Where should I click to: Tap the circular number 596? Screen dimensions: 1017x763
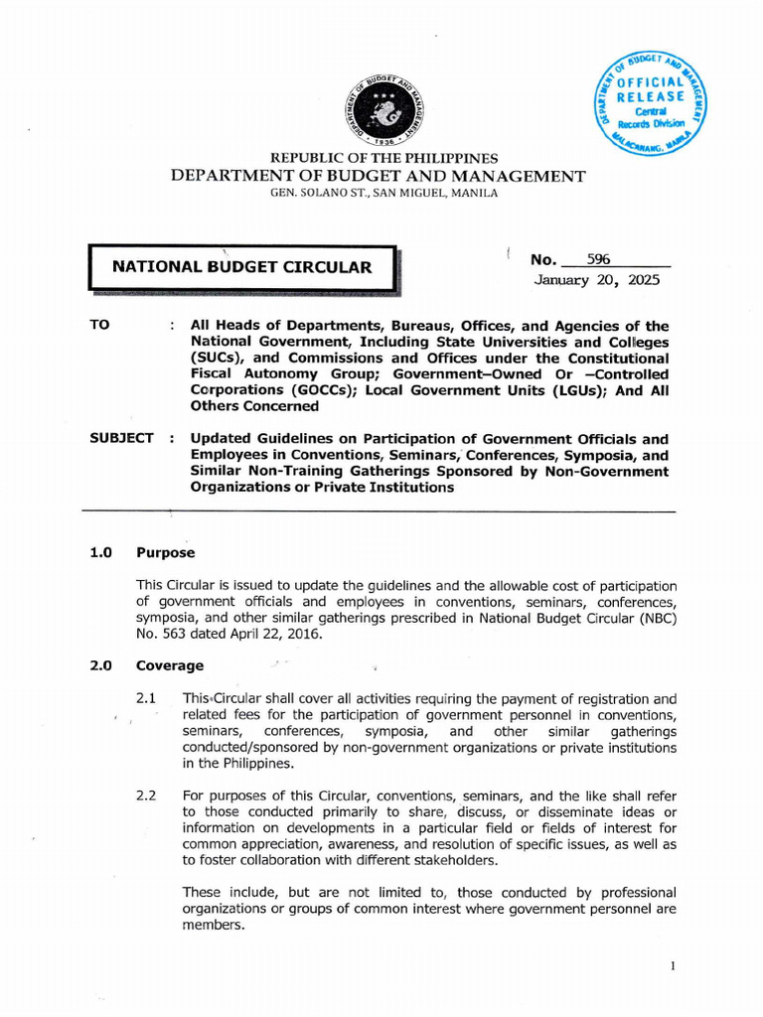[x=598, y=259]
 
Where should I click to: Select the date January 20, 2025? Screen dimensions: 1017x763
[x=595, y=280]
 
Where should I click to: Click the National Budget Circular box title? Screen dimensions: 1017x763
[x=241, y=266]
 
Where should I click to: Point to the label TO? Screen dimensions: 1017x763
[x=100, y=326]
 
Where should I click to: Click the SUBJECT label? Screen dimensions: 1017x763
[x=121, y=438]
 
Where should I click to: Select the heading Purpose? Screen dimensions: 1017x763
[x=165, y=552]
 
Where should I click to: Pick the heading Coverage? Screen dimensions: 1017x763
[x=170, y=665]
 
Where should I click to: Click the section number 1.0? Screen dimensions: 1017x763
[x=102, y=552]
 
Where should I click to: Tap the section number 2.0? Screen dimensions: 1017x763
[x=102, y=665]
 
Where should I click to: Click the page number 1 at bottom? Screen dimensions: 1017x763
[x=673, y=965]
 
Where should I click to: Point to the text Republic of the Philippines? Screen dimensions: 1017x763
[x=384, y=159]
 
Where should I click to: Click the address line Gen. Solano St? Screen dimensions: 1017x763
[x=383, y=193]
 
